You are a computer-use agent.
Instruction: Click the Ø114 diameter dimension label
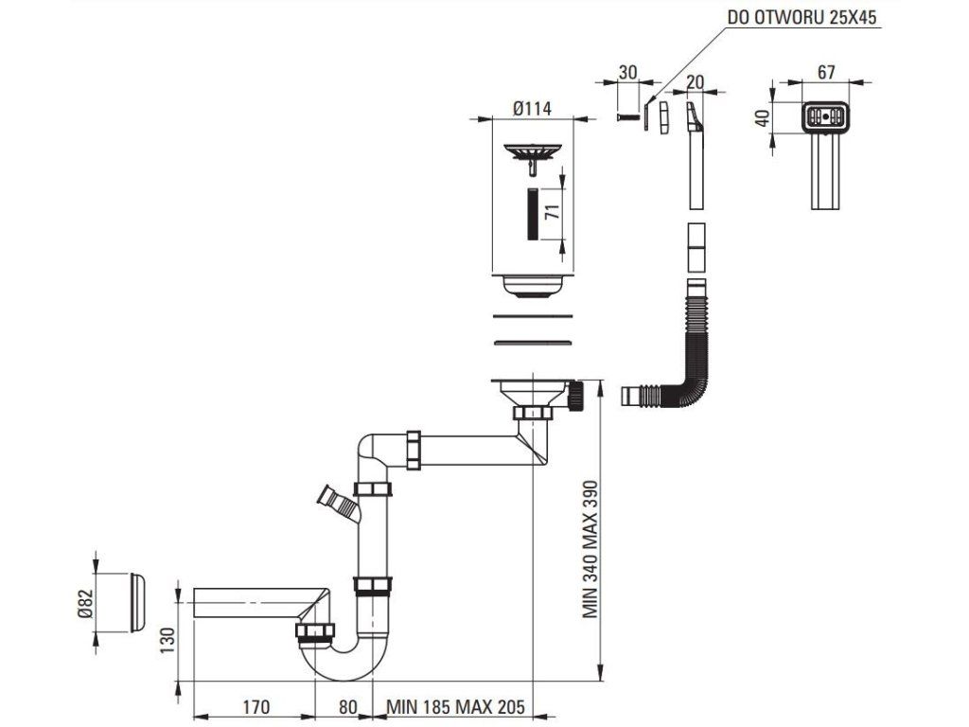coord(534,109)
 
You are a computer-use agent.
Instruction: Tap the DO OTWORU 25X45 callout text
coord(802,17)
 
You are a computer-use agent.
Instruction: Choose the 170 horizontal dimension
coord(256,706)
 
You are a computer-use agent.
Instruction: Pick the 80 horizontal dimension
coord(347,706)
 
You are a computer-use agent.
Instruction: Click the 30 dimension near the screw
coord(628,73)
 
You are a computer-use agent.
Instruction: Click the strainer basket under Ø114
coord(534,152)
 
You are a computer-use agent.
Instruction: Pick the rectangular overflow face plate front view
coord(826,118)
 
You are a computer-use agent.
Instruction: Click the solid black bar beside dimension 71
coord(534,213)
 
